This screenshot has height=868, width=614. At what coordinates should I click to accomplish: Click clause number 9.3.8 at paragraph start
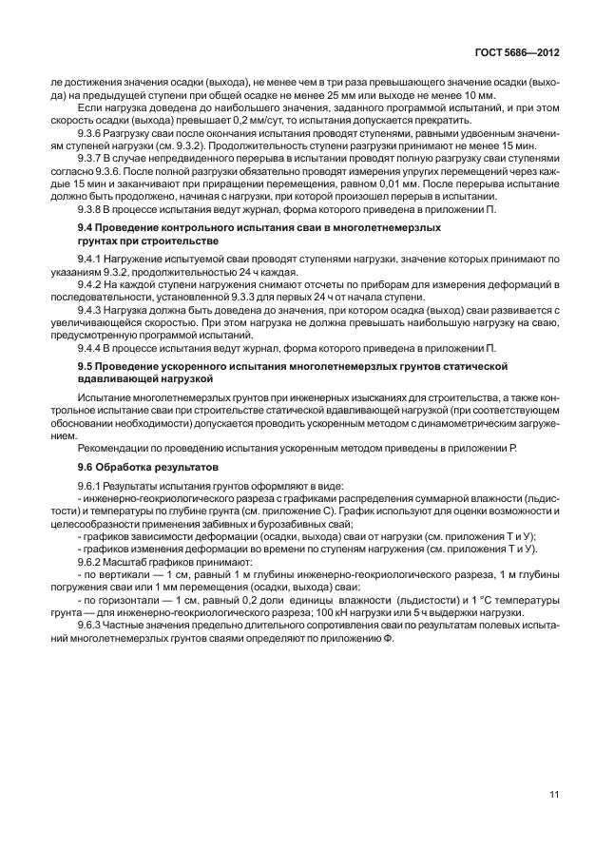tap(92, 208)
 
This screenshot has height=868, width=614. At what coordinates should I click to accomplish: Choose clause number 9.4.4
tap(92, 348)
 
